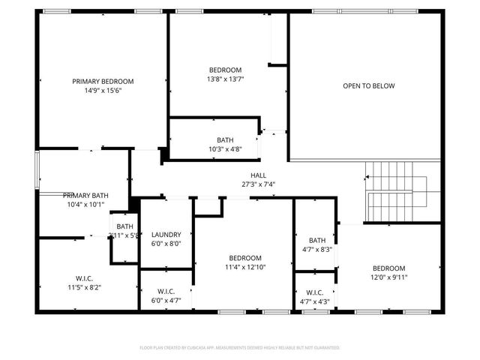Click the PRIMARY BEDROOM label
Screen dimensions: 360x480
click(x=103, y=81)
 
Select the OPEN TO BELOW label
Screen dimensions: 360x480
click(x=368, y=85)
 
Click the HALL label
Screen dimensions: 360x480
click(x=247, y=175)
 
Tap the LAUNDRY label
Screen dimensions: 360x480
click(x=166, y=234)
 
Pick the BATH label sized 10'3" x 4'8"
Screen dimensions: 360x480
click(x=225, y=140)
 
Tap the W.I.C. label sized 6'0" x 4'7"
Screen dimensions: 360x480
click(x=166, y=291)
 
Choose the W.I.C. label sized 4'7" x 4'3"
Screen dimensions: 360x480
click(x=315, y=292)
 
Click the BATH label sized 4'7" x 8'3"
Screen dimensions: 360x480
click(x=316, y=240)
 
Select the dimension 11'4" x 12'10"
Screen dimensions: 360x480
click(x=245, y=266)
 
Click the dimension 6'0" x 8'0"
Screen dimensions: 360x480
click(x=166, y=243)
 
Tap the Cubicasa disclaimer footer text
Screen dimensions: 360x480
click(x=240, y=348)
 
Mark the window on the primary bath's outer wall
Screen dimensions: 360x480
click(x=37, y=171)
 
